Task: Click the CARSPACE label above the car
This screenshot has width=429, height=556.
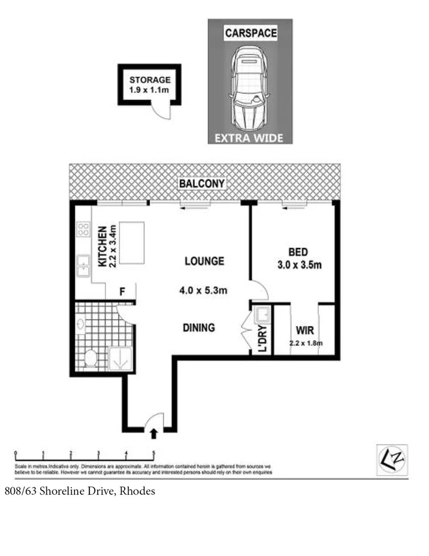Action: [250, 34]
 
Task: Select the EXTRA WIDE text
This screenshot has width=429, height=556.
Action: [250, 139]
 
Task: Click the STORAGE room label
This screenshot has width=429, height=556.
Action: [150, 79]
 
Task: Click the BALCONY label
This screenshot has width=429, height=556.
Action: [201, 184]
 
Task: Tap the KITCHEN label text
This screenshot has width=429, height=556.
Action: [102, 247]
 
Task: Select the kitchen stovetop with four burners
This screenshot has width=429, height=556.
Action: [83, 229]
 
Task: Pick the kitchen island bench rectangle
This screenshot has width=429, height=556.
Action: [132, 243]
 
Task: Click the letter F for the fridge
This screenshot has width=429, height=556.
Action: [122, 292]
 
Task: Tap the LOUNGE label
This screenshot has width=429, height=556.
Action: [204, 262]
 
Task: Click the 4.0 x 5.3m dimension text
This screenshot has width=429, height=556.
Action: [204, 290]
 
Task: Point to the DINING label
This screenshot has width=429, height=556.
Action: [198, 327]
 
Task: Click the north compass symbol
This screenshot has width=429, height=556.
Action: [392, 459]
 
